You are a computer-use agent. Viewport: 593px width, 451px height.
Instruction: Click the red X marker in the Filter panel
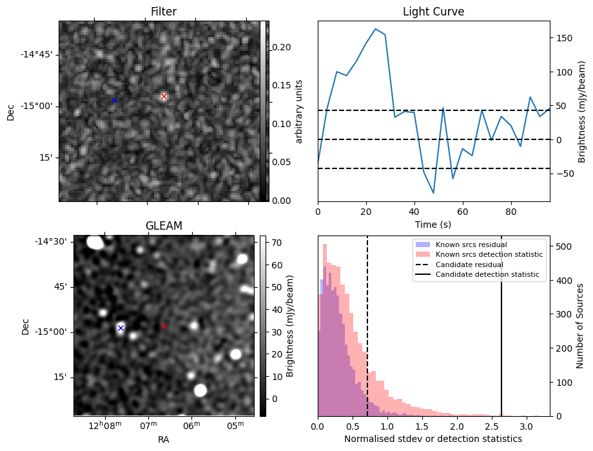click(x=164, y=97)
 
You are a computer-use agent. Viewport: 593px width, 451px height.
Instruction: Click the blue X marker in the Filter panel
click(x=114, y=100)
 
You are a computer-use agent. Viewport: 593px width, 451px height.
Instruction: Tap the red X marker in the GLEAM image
click(x=164, y=326)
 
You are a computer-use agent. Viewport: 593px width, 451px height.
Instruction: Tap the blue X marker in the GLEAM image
click(x=121, y=328)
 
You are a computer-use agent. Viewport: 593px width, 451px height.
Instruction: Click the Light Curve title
click(x=433, y=12)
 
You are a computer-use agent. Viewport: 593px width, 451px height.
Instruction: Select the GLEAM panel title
click(x=164, y=226)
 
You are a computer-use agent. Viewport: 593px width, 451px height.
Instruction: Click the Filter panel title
click(x=164, y=12)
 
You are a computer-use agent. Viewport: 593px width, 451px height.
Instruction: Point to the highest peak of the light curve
click(x=375, y=29)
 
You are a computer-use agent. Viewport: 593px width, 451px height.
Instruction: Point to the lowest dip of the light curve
click(x=433, y=193)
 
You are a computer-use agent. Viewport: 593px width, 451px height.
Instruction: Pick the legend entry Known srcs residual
click(x=471, y=245)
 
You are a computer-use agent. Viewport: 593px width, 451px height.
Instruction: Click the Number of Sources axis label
click(x=580, y=326)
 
